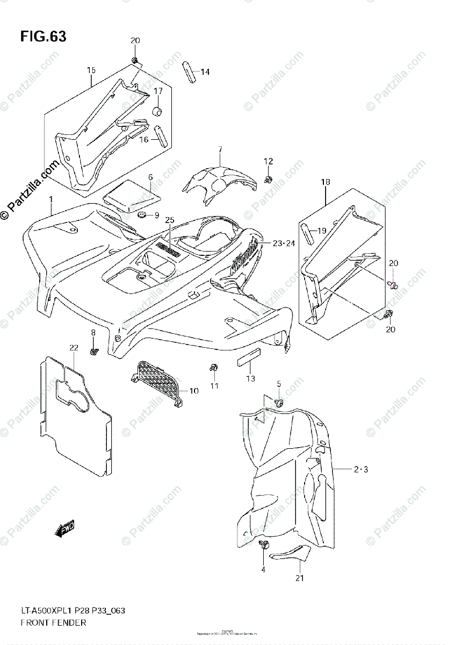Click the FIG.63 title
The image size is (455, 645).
(x=43, y=37)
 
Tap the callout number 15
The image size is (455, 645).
(x=91, y=70)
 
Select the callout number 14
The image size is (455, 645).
(x=205, y=71)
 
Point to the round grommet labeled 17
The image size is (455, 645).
(x=158, y=111)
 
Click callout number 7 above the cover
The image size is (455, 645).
(x=220, y=149)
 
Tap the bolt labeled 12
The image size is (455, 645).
(x=268, y=178)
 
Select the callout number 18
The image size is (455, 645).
(x=326, y=183)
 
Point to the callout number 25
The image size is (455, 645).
(x=170, y=220)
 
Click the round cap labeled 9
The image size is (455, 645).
(x=142, y=215)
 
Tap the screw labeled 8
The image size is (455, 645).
(x=94, y=351)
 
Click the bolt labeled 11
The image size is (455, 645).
(x=214, y=368)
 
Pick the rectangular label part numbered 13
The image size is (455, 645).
(x=249, y=356)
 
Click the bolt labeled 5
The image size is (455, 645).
(x=279, y=402)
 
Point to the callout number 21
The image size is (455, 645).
(x=299, y=578)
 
